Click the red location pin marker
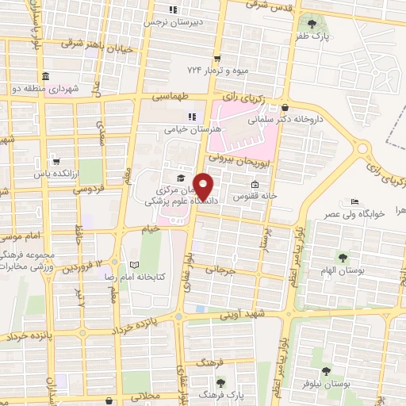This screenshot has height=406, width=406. click(204, 186)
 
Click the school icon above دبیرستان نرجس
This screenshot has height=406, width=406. click(173, 10)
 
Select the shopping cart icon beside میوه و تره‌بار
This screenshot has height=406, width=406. click(216, 59)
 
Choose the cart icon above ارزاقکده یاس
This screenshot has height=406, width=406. click(55, 159)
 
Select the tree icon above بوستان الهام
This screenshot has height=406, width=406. click(343, 258)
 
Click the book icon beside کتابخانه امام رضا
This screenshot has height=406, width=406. click(133, 263)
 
